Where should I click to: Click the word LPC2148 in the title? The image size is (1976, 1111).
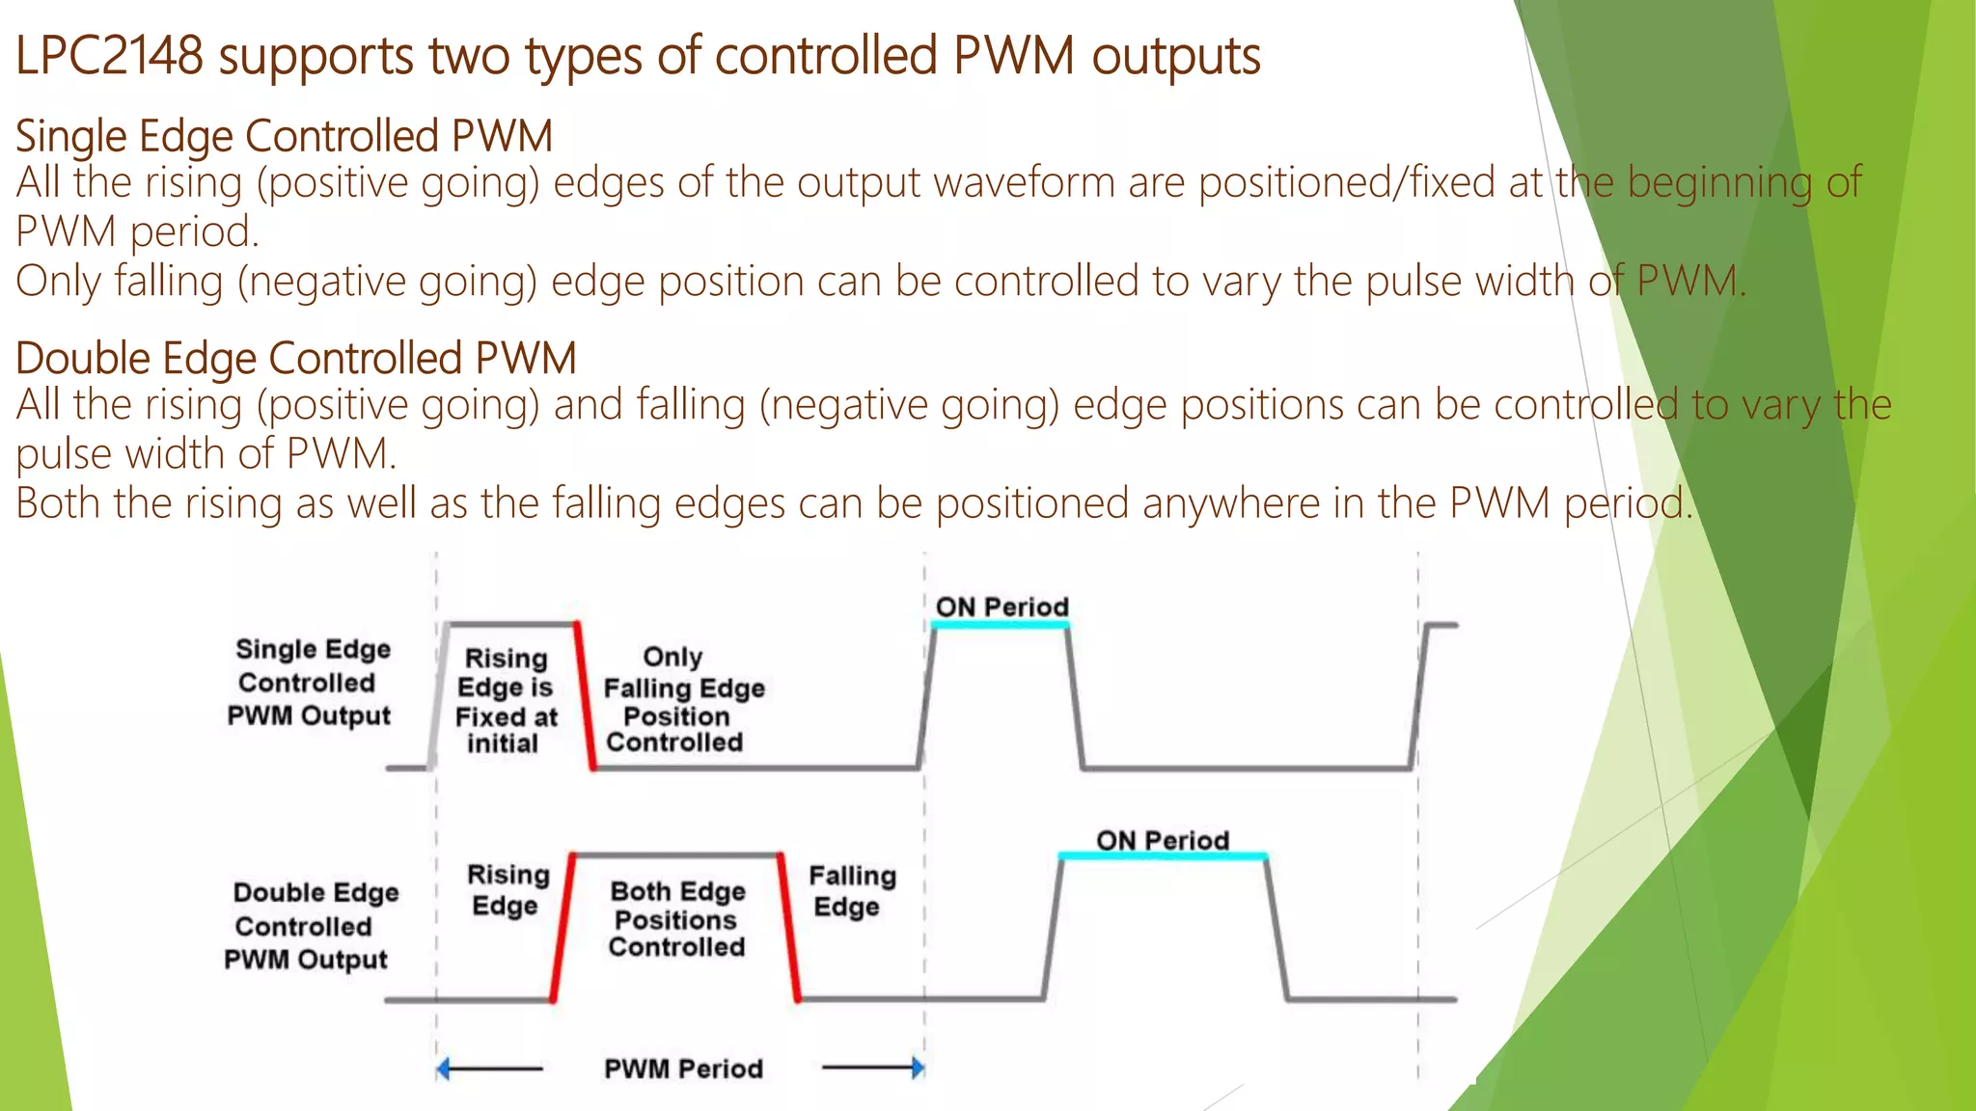(109, 56)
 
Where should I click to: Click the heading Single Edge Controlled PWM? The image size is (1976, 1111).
(284, 136)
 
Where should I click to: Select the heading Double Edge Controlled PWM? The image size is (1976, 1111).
(295, 358)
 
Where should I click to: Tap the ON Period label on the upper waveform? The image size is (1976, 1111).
(1002, 607)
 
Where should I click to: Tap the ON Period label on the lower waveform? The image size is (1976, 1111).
(1162, 840)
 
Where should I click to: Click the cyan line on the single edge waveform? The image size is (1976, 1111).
(1000, 625)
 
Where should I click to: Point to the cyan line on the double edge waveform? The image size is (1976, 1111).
(1162, 855)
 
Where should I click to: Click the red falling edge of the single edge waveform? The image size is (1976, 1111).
(585, 695)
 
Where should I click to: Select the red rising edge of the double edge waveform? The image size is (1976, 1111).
(563, 927)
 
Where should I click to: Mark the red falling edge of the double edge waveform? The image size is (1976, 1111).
(789, 927)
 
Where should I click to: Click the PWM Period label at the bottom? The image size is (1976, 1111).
(683, 1069)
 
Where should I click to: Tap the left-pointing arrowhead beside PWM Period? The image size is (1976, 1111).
(443, 1069)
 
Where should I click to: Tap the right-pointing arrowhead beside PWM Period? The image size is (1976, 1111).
(918, 1068)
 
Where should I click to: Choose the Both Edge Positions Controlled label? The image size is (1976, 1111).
(677, 919)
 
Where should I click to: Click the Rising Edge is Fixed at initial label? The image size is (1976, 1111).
(506, 701)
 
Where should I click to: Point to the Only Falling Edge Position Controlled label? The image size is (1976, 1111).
(681, 700)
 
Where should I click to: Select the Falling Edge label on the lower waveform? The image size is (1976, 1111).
(851, 891)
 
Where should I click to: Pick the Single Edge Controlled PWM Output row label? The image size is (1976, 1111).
(310, 683)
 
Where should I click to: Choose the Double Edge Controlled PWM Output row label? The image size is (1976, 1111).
(310, 926)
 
